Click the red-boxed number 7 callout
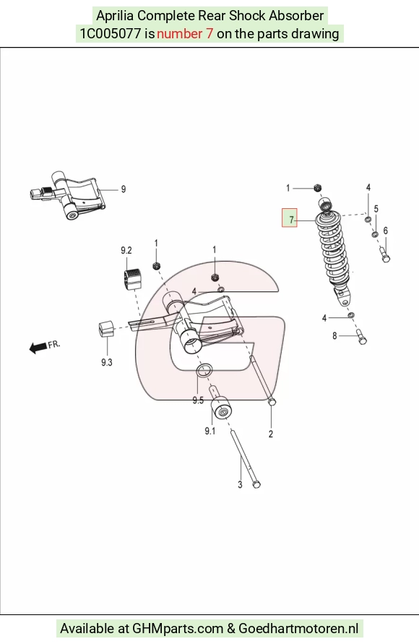point(289,218)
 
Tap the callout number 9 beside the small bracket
point(123,189)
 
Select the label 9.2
point(126,251)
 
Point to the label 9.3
point(107,362)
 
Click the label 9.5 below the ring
point(198,400)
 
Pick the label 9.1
point(210,431)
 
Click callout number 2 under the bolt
point(271,434)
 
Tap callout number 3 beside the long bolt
point(240,485)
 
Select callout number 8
point(334,336)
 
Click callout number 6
point(385,231)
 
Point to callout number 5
point(376,209)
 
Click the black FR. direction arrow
point(38,348)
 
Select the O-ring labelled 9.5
point(204,370)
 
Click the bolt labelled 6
point(384,254)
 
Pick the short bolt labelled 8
point(361,336)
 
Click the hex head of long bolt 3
point(256,485)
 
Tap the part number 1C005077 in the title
point(111,33)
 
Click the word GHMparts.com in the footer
point(178,628)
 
